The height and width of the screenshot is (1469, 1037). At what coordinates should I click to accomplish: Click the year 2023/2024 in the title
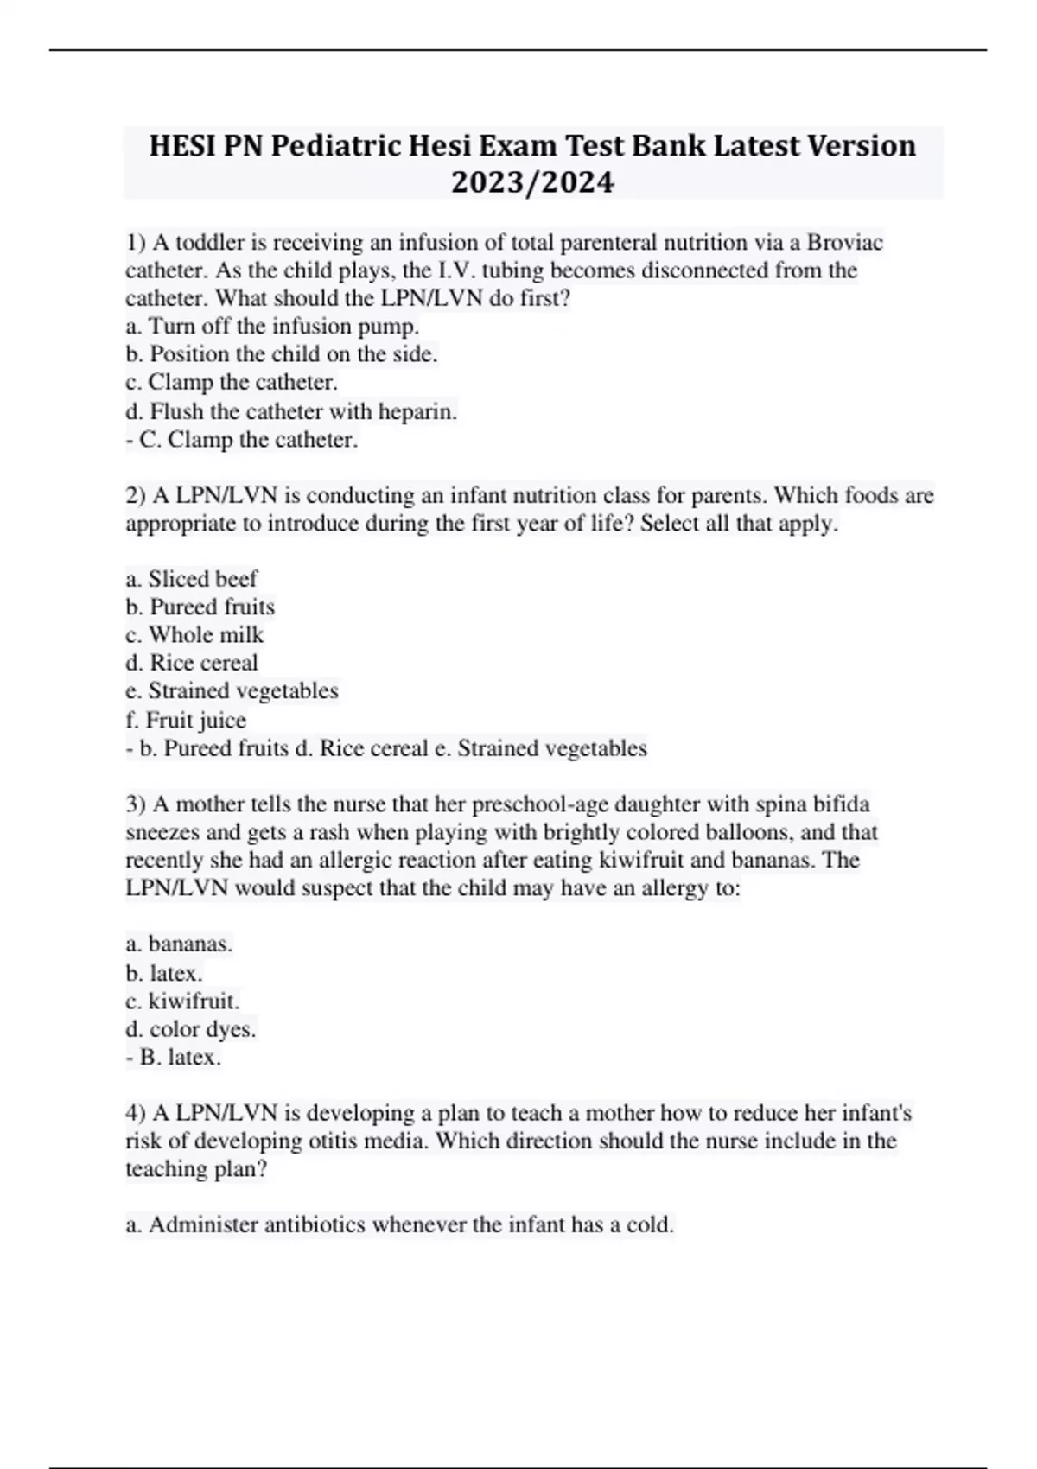(532, 182)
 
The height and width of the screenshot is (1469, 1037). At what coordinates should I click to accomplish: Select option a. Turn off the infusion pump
(272, 326)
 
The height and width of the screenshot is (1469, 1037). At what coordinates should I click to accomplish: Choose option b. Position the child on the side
(282, 353)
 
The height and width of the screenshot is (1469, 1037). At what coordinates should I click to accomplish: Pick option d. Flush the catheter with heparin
(291, 411)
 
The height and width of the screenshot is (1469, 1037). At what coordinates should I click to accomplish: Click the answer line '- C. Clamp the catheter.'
(242, 439)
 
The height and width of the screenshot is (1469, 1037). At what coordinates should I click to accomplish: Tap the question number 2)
(136, 495)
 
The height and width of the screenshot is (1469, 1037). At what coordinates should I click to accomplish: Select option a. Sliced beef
(191, 578)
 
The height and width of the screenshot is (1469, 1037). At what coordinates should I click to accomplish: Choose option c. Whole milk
(194, 634)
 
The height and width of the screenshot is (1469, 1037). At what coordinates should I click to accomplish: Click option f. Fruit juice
(186, 720)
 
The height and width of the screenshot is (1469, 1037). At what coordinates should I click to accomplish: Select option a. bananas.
(179, 944)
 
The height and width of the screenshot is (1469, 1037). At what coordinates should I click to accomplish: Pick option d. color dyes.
(191, 1029)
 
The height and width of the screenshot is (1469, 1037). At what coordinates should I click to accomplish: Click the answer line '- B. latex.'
(174, 1057)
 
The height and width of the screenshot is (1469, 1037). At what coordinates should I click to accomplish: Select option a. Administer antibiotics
(399, 1224)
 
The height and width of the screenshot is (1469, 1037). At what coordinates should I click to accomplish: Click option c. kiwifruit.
(182, 1001)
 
